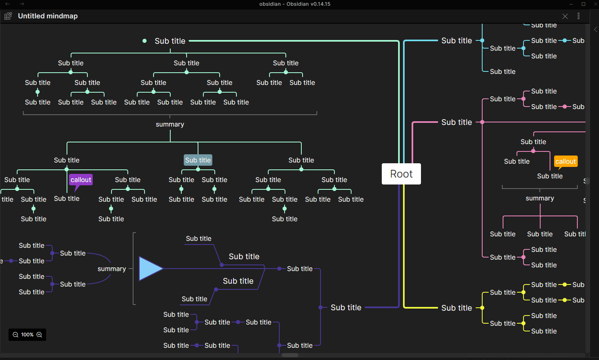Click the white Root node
point(401,174)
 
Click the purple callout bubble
point(81,180)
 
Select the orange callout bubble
point(566,161)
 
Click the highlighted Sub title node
point(198,160)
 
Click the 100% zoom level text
point(27,335)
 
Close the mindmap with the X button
point(565,16)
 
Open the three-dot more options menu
point(579,16)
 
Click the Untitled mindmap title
point(48,16)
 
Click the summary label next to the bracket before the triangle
point(112,269)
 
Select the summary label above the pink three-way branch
point(540,198)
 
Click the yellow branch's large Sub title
point(457,308)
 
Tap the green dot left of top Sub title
point(145,41)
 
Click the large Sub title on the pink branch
point(457,122)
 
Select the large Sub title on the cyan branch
point(457,41)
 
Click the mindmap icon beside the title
point(8,16)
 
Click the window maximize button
point(583,4)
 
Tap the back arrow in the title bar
point(7,4)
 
